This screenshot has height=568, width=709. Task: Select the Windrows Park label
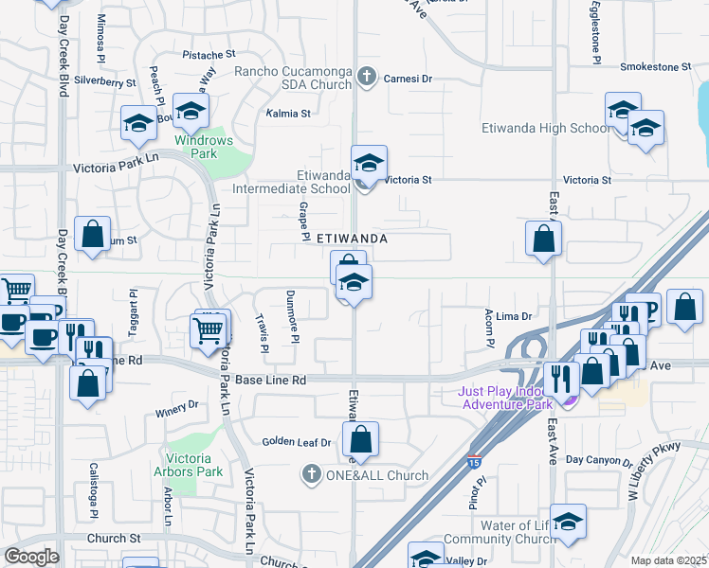[203, 147]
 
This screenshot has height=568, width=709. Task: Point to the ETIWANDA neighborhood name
[351, 240]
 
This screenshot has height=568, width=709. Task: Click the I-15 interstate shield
[473, 461]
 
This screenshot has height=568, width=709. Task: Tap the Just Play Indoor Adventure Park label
[506, 398]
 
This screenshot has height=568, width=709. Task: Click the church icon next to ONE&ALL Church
[310, 474]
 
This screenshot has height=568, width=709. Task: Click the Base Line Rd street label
[271, 380]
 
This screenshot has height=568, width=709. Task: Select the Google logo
[31, 557]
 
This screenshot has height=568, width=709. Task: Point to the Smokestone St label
[656, 67]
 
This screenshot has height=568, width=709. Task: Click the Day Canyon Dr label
[598, 460]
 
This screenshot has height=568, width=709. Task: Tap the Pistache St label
[209, 55]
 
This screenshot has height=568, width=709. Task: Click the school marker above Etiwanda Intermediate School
[369, 162]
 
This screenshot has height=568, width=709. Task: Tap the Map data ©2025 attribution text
[668, 560]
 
